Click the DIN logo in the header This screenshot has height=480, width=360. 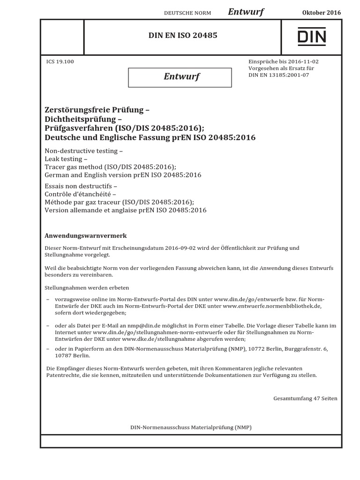311,36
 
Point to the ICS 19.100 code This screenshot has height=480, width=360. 60,61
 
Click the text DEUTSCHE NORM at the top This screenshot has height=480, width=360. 187,13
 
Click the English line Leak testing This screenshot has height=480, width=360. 65,160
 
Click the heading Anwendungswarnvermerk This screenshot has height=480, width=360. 85,235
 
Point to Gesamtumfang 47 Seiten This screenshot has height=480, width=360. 305,398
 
